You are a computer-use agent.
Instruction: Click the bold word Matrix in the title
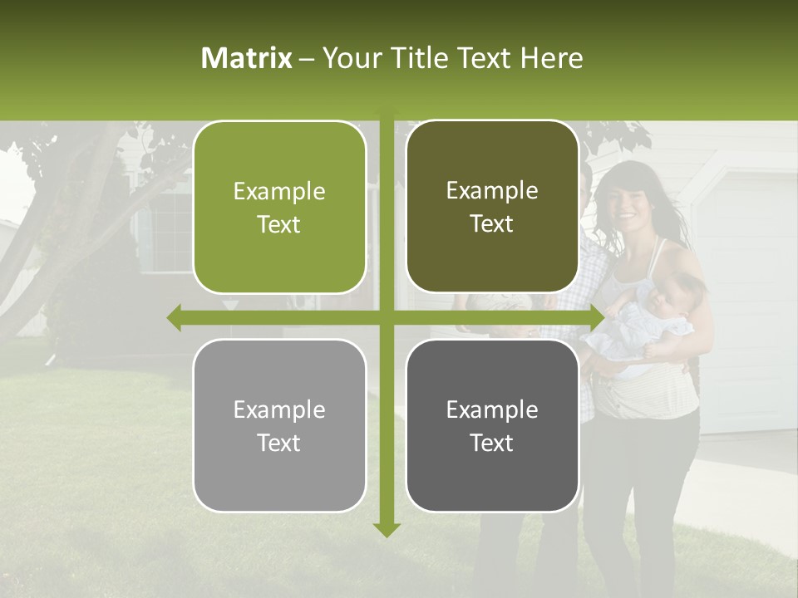[247, 58]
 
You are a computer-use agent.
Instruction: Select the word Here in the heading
[551, 58]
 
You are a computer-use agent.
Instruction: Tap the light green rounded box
[279, 207]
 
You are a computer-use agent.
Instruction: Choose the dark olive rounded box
[492, 206]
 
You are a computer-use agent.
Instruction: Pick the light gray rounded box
[279, 425]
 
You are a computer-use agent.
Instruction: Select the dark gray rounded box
[492, 425]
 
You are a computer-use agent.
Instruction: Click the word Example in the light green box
[279, 192]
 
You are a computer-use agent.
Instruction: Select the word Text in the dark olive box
[492, 223]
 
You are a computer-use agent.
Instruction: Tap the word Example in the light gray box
[279, 410]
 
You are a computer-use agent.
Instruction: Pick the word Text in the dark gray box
[492, 443]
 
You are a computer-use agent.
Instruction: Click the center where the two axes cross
[386, 316]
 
